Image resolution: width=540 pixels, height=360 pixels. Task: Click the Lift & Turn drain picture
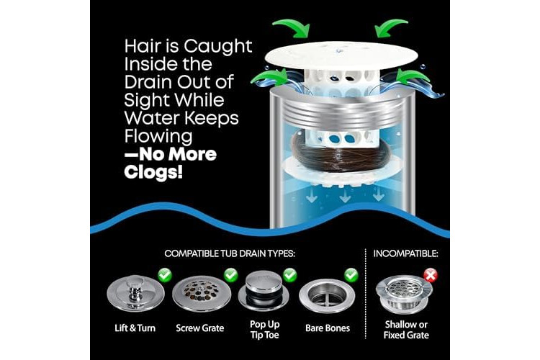[135, 294]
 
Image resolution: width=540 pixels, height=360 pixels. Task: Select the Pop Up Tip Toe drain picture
[264, 291]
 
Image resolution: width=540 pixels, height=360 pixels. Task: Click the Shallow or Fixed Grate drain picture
[404, 294]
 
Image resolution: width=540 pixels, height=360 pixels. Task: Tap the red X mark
[431, 275]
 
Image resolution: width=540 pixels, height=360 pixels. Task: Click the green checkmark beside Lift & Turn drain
[165, 275]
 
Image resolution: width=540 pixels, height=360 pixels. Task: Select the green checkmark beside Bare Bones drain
[351, 275]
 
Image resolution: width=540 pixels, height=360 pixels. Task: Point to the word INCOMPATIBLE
[405, 254]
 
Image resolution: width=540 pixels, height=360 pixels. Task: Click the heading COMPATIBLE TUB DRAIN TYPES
[230, 254]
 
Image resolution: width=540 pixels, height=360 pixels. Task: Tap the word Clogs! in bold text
[153, 172]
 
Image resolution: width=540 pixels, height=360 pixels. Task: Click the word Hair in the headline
[143, 46]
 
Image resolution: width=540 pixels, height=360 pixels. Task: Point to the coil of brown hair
[341, 152]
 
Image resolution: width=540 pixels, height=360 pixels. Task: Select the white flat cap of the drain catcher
[341, 55]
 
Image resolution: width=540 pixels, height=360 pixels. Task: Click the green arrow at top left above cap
[292, 28]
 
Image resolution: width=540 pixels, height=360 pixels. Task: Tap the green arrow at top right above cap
[391, 27]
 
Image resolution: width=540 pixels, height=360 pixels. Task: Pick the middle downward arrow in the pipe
[345, 195]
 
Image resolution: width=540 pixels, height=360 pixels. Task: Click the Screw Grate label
[200, 328]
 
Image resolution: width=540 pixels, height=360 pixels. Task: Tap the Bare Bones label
[328, 328]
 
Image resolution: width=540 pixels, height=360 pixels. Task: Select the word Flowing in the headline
[158, 136]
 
